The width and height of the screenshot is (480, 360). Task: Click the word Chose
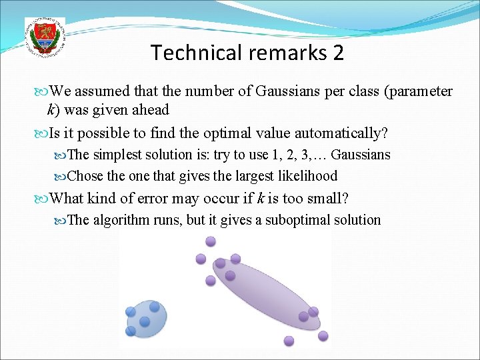point(85,176)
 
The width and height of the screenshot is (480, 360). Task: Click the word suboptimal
point(297,220)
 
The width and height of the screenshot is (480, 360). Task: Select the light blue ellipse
point(145,318)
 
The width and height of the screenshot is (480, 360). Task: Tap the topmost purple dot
point(211,241)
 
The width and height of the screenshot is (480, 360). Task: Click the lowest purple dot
point(289,341)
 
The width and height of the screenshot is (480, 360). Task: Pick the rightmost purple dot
point(323,335)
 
